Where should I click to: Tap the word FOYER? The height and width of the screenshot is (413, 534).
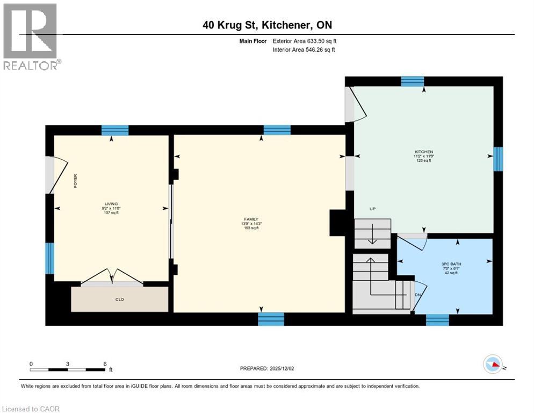click(76, 181)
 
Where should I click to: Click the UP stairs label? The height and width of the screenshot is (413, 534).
click(372, 209)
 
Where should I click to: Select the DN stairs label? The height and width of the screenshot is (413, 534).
click(417, 294)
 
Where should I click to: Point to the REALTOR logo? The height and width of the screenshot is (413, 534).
click(32, 37)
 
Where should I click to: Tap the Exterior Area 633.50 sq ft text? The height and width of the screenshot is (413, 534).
click(305, 41)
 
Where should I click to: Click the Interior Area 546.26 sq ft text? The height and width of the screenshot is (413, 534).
click(305, 50)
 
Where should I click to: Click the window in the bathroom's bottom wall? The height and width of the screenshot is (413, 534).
click(437, 320)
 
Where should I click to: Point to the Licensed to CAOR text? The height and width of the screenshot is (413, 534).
click(31, 409)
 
